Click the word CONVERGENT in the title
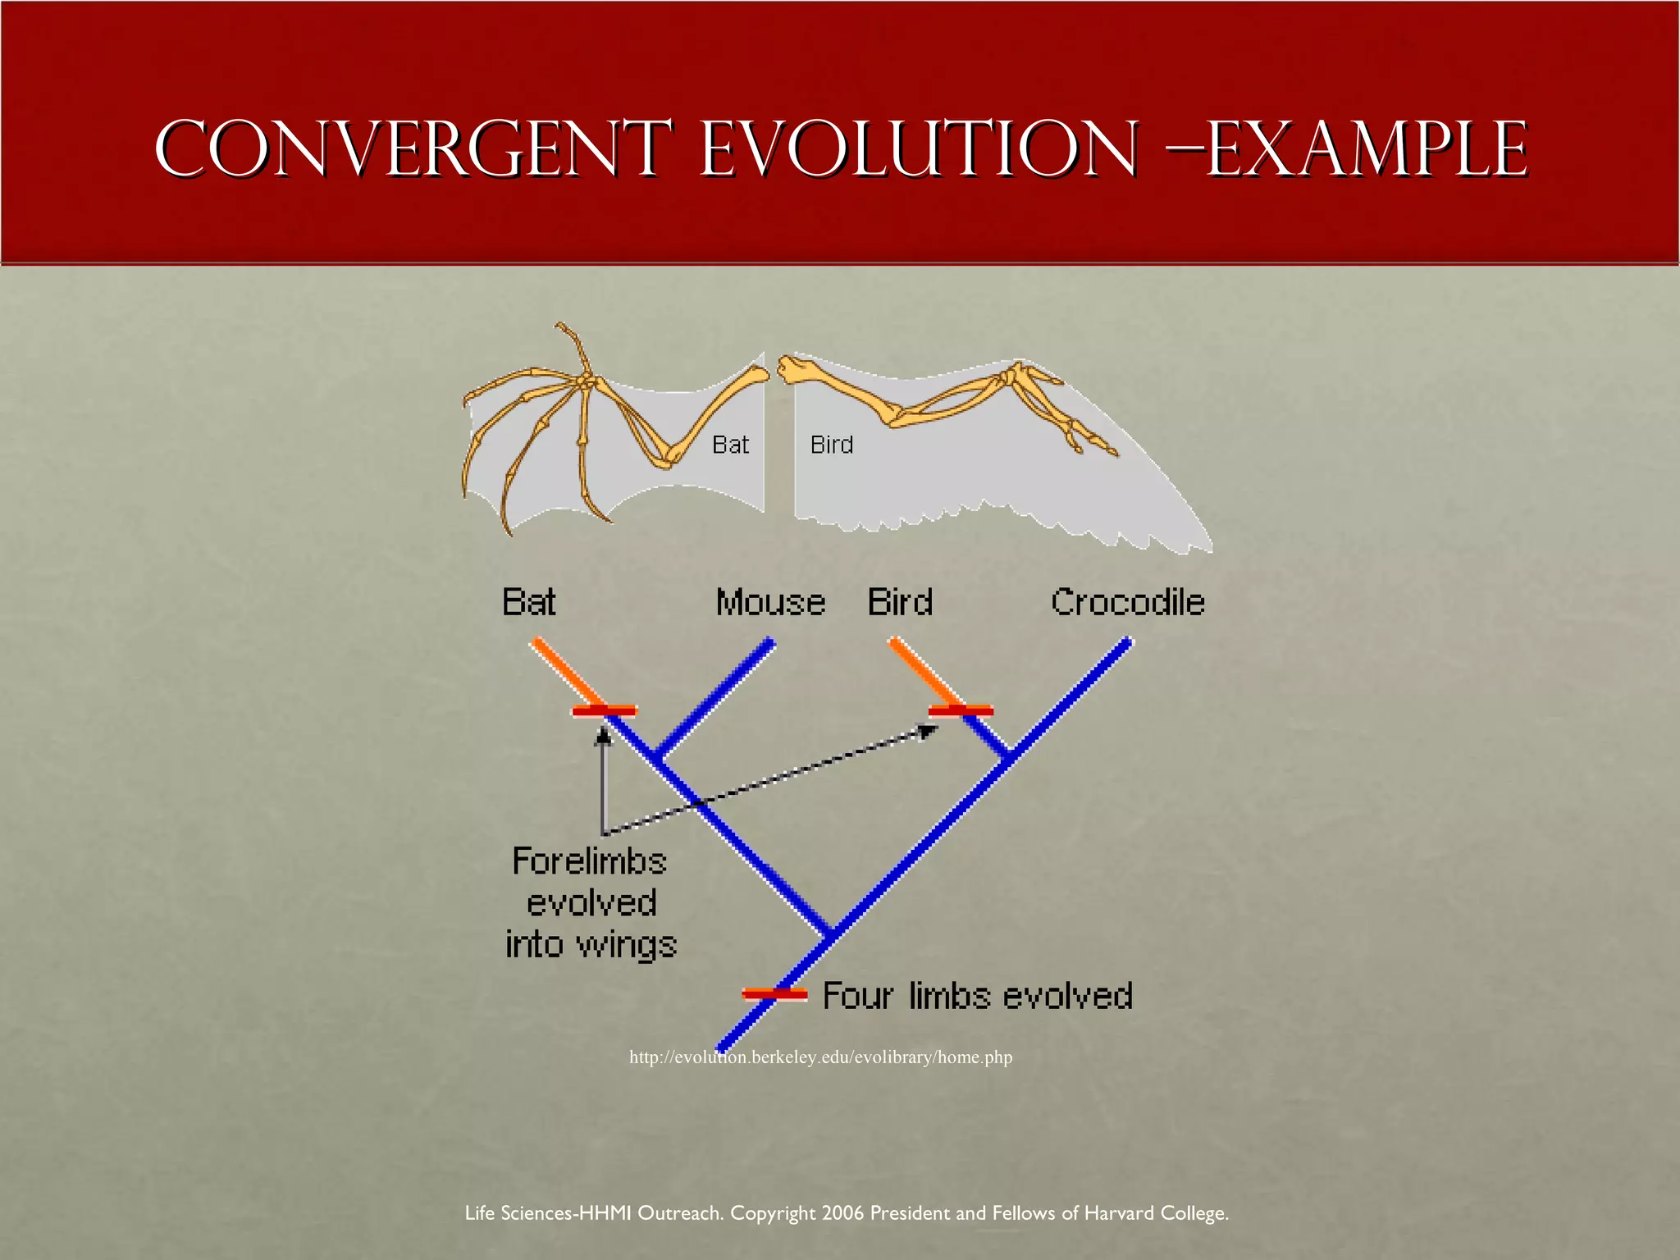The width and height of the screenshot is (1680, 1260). coord(414,149)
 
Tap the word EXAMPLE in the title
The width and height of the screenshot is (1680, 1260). coord(1366,149)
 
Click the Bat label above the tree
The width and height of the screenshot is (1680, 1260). coord(528,602)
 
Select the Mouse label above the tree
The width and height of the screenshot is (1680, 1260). coord(770,602)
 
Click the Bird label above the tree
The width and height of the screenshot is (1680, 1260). coord(900,602)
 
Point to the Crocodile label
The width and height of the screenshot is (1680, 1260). coord(1127,602)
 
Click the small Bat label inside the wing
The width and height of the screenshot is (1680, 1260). coord(730,445)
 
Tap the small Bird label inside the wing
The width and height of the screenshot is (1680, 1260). coord(831,445)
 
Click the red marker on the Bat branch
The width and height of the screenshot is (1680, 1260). coord(605,710)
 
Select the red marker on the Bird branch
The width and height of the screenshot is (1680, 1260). coord(961,710)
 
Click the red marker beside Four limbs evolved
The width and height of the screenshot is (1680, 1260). coord(774,994)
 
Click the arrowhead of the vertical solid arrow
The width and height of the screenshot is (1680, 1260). coord(604,737)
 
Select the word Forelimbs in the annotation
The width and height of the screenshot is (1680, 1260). coord(589,861)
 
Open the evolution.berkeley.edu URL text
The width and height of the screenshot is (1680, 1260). coord(820,1057)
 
